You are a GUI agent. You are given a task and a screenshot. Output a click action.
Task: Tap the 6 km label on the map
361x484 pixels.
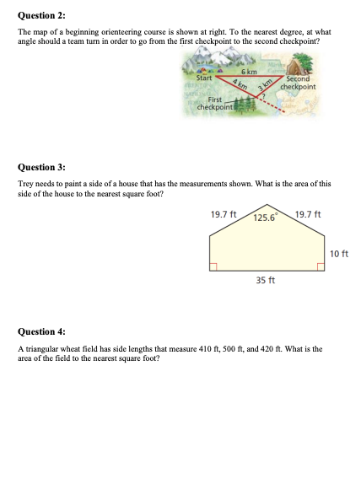249,72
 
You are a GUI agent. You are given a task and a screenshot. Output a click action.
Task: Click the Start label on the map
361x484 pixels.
205,78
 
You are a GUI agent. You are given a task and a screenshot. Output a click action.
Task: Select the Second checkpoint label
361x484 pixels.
297,83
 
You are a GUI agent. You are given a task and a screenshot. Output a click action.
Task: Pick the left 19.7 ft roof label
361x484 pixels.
223,213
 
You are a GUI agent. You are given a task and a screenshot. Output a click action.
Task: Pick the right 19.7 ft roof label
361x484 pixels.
310,213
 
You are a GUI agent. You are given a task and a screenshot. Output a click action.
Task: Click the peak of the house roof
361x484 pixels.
267,205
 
